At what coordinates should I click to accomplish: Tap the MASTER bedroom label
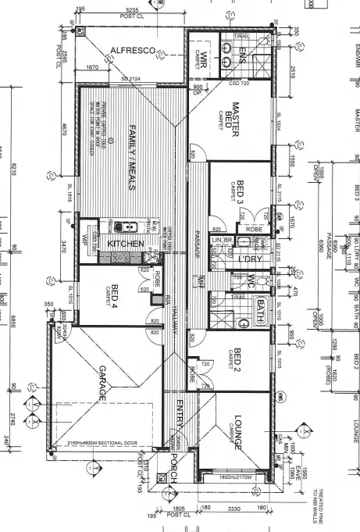coord(233,120)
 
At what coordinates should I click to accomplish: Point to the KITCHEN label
coord(126,244)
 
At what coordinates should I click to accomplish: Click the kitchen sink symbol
coord(123,227)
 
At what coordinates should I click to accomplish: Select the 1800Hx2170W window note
coord(236,476)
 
